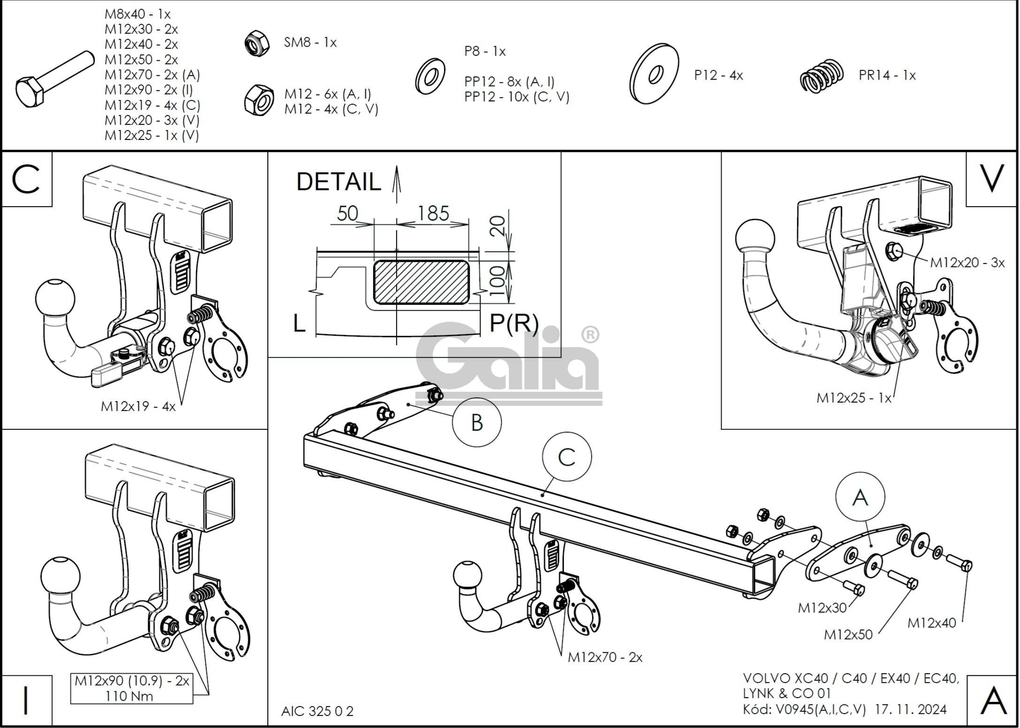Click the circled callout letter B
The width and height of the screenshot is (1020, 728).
click(x=476, y=422)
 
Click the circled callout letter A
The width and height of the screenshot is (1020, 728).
click(x=860, y=497)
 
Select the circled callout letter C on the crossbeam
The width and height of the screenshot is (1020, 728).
click(x=567, y=457)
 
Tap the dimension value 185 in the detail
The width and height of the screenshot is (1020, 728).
click(x=433, y=214)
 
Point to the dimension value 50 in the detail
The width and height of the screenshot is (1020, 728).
click(x=347, y=214)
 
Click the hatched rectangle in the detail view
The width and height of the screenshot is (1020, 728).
click(x=421, y=282)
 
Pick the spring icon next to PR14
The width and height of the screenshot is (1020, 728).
click(x=821, y=76)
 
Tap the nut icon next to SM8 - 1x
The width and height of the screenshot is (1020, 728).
click(x=257, y=43)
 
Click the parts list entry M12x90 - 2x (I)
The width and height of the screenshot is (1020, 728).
click(x=148, y=90)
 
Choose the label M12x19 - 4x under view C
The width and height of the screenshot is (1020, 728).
click(x=138, y=407)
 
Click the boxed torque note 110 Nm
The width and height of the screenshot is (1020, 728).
click(x=129, y=696)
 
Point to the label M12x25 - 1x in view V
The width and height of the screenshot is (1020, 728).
click(x=854, y=398)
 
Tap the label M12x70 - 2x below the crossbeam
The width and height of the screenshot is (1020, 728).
click(x=605, y=657)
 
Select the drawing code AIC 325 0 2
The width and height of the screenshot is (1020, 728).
click(x=317, y=711)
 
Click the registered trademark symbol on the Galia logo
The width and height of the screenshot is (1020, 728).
click(x=590, y=335)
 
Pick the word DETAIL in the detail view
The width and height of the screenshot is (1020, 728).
click(x=338, y=182)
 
